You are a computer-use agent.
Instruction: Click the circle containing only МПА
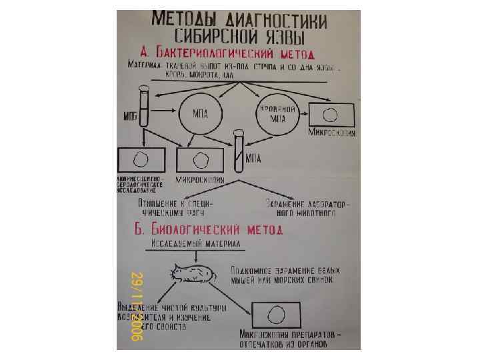tap(200, 113)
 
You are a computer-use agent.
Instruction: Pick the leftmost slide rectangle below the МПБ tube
tap(141, 161)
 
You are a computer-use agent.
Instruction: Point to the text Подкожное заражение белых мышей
tap(285, 275)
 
